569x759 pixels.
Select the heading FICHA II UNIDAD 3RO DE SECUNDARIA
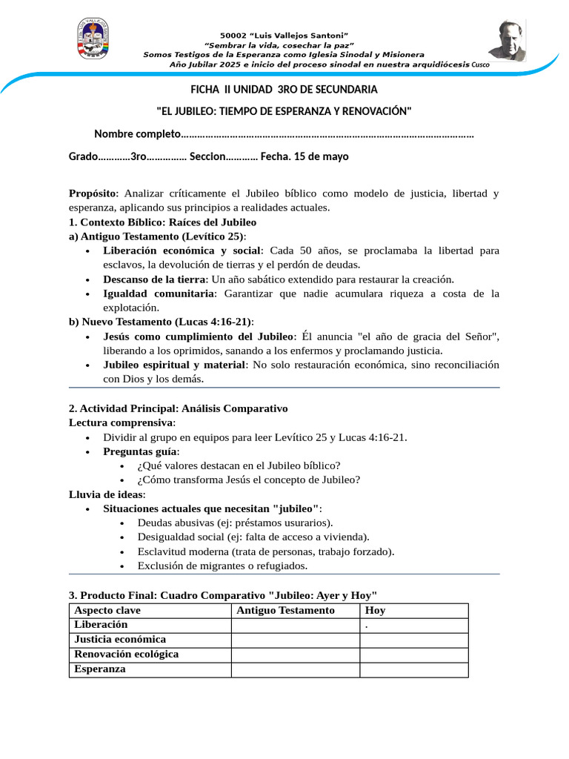coord(284,90)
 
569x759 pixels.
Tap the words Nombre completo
coord(137,134)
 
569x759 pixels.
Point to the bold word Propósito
coord(93,193)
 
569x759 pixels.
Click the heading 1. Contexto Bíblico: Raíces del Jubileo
coord(162,222)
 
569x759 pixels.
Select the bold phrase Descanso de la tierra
coord(154,279)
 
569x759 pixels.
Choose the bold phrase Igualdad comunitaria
coord(158,294)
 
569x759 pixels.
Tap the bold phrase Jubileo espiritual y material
coord(174,365)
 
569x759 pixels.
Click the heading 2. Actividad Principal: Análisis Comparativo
coord(178,408)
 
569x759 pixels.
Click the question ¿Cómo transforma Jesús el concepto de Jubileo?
coord(249,480)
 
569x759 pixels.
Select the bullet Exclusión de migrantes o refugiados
coord(222,566)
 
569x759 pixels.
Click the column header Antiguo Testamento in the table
coord(285,611)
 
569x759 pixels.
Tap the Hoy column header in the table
coord(375,611)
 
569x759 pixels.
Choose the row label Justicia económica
coord(120,640)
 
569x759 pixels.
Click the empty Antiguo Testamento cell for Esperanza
coord(295,669)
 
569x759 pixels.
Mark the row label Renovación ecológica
coord(127,654)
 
